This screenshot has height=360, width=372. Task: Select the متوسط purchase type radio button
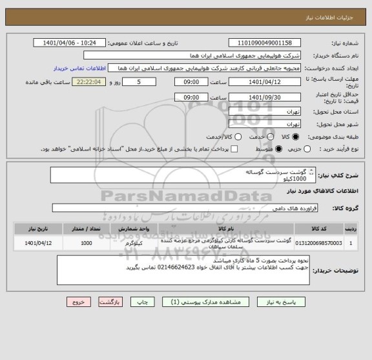pos(280,149)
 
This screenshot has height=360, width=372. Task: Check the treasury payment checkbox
pos(234,149)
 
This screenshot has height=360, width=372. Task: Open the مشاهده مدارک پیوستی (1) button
pos(200,302)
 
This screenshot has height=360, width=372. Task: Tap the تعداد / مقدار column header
pos(86,228)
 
